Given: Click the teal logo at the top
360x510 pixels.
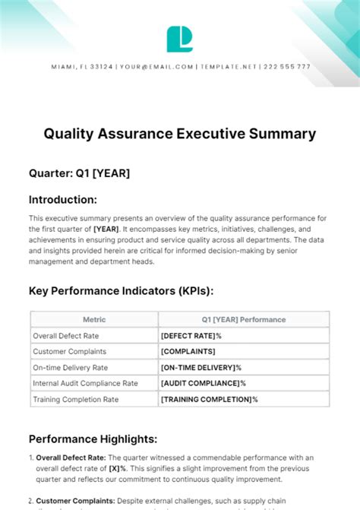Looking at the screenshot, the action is [x=179, y=39].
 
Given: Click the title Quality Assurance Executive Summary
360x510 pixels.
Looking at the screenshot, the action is [x=179, y=134].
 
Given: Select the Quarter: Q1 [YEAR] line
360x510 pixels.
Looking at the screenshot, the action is [x=79, y=173].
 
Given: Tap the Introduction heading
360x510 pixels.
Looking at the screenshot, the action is [x=63, y=200].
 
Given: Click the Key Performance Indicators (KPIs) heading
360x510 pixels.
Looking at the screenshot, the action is [x=121, y=290].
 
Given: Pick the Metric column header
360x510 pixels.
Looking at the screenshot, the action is [x=94, y=319].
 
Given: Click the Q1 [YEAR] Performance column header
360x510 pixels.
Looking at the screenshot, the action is [x=243, y=319].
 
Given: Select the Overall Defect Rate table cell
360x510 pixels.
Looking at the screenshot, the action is [x=67, y=335].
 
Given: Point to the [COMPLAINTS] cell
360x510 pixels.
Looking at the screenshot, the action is [x=188, y=351].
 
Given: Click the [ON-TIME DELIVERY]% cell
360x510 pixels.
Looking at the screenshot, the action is [x=201, y=367].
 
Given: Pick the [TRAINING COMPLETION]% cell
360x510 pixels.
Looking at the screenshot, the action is [x=210, y=399].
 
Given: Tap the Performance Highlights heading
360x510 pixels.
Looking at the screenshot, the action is [x=93, y=439].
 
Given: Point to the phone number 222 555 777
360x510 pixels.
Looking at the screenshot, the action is [x=286, y=67].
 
